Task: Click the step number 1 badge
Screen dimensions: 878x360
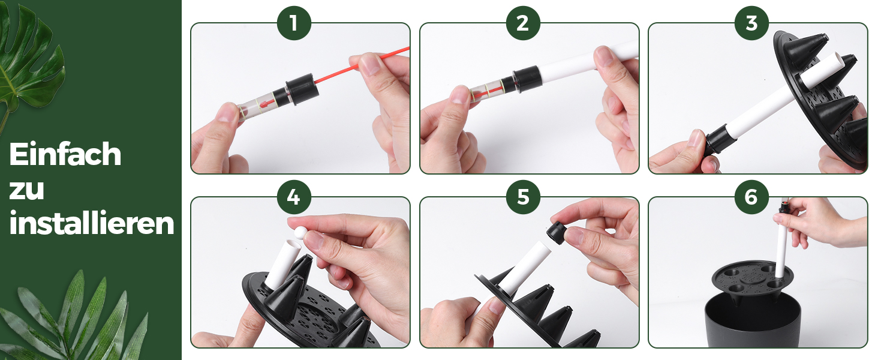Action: (x=294, y=23)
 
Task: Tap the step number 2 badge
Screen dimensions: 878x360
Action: (x=523, y=23)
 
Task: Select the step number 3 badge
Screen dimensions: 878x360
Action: (x=751, y=23)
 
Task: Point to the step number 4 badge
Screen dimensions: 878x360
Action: (x=294, y=197)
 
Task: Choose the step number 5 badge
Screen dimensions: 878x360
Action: (x=523, y=197)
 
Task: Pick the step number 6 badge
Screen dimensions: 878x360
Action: (x=751, y=197)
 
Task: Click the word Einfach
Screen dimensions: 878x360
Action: (x=65, y=154)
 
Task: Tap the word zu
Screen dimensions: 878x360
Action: (x=26, y=190)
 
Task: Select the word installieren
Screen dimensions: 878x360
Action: (x=91, y=223)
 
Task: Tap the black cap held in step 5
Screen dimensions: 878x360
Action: (x=557, y=232)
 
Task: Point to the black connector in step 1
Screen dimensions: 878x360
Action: (x=302, y=89)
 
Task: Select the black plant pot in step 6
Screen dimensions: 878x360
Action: (x=753, y=320)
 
